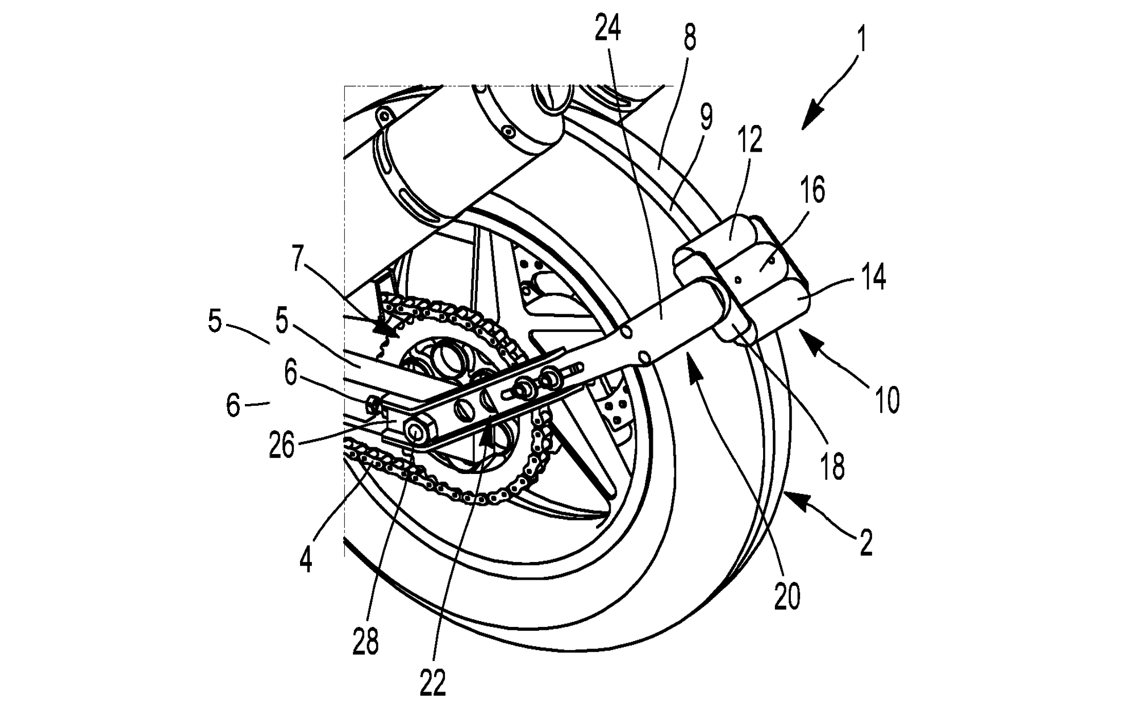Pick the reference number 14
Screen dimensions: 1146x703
click(873, 278)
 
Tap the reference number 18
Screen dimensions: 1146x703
click(833, 467)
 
